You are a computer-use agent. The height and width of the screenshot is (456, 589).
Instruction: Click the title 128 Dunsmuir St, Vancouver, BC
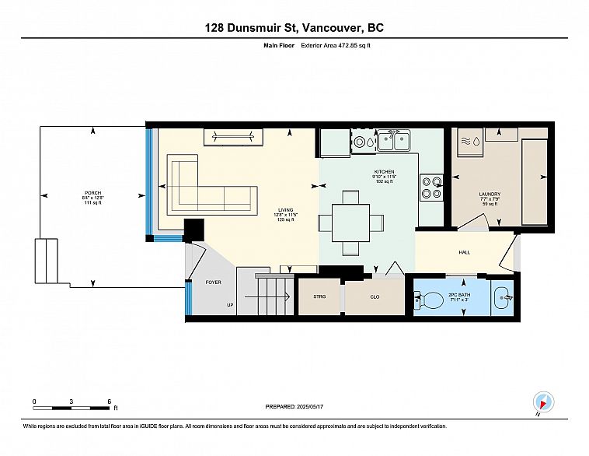pyautogui.click(x=294, y=28)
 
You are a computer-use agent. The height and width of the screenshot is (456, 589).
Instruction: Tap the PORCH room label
pyautogui.click(x=93, y=193)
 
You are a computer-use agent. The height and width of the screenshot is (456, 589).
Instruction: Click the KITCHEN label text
pyautogui.click(x=385, y=171)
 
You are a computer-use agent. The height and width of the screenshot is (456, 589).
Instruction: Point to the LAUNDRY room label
pyautogui.click(x=489, y=194)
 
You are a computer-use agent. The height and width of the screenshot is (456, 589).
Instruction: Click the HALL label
pyautogui.click(x=464, y=253)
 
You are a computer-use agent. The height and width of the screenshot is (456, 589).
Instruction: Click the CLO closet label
pyautogui.click(x=374, y=296)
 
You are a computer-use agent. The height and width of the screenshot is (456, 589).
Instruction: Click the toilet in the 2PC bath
pyautogui.click(x=427, y=296)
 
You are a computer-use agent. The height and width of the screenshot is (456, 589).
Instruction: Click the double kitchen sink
pyautogui.click(x=394, y=142)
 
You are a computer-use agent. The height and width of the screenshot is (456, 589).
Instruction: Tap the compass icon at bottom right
pyautogui.click(x=543, y=402)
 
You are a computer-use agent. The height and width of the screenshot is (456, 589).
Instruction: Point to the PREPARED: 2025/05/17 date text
pyautogui.click(x=294, y=406)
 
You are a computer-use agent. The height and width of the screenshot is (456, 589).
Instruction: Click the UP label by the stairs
pyautogui.click(x=230, y=305)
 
